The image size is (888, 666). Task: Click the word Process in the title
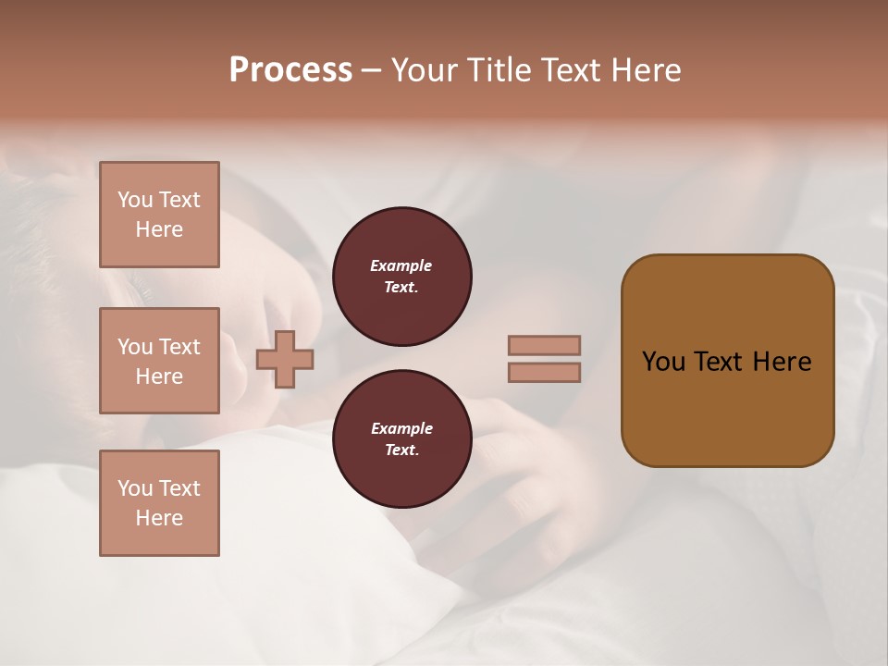(290, 70)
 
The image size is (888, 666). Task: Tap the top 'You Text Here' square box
(159, 215)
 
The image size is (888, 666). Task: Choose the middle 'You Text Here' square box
(159, 361)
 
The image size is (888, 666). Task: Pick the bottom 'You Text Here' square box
(159, 503)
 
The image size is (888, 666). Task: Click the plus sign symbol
(284, 359)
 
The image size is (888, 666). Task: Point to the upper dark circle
(401, 276)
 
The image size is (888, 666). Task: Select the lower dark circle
(401, 438)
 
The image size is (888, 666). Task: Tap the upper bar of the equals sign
(544, 345)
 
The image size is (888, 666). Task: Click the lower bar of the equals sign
(544, 372)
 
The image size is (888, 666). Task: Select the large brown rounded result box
(727, 361)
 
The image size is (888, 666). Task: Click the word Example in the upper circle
(401, 265)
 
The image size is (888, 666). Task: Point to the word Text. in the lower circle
(401, 450)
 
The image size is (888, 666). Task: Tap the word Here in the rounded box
(782, 362)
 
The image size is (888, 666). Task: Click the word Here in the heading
(646, 70)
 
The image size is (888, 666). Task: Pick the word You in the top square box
(135, 200)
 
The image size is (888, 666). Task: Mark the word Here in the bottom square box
(159, 518)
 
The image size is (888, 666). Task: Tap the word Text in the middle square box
(179, 347)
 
